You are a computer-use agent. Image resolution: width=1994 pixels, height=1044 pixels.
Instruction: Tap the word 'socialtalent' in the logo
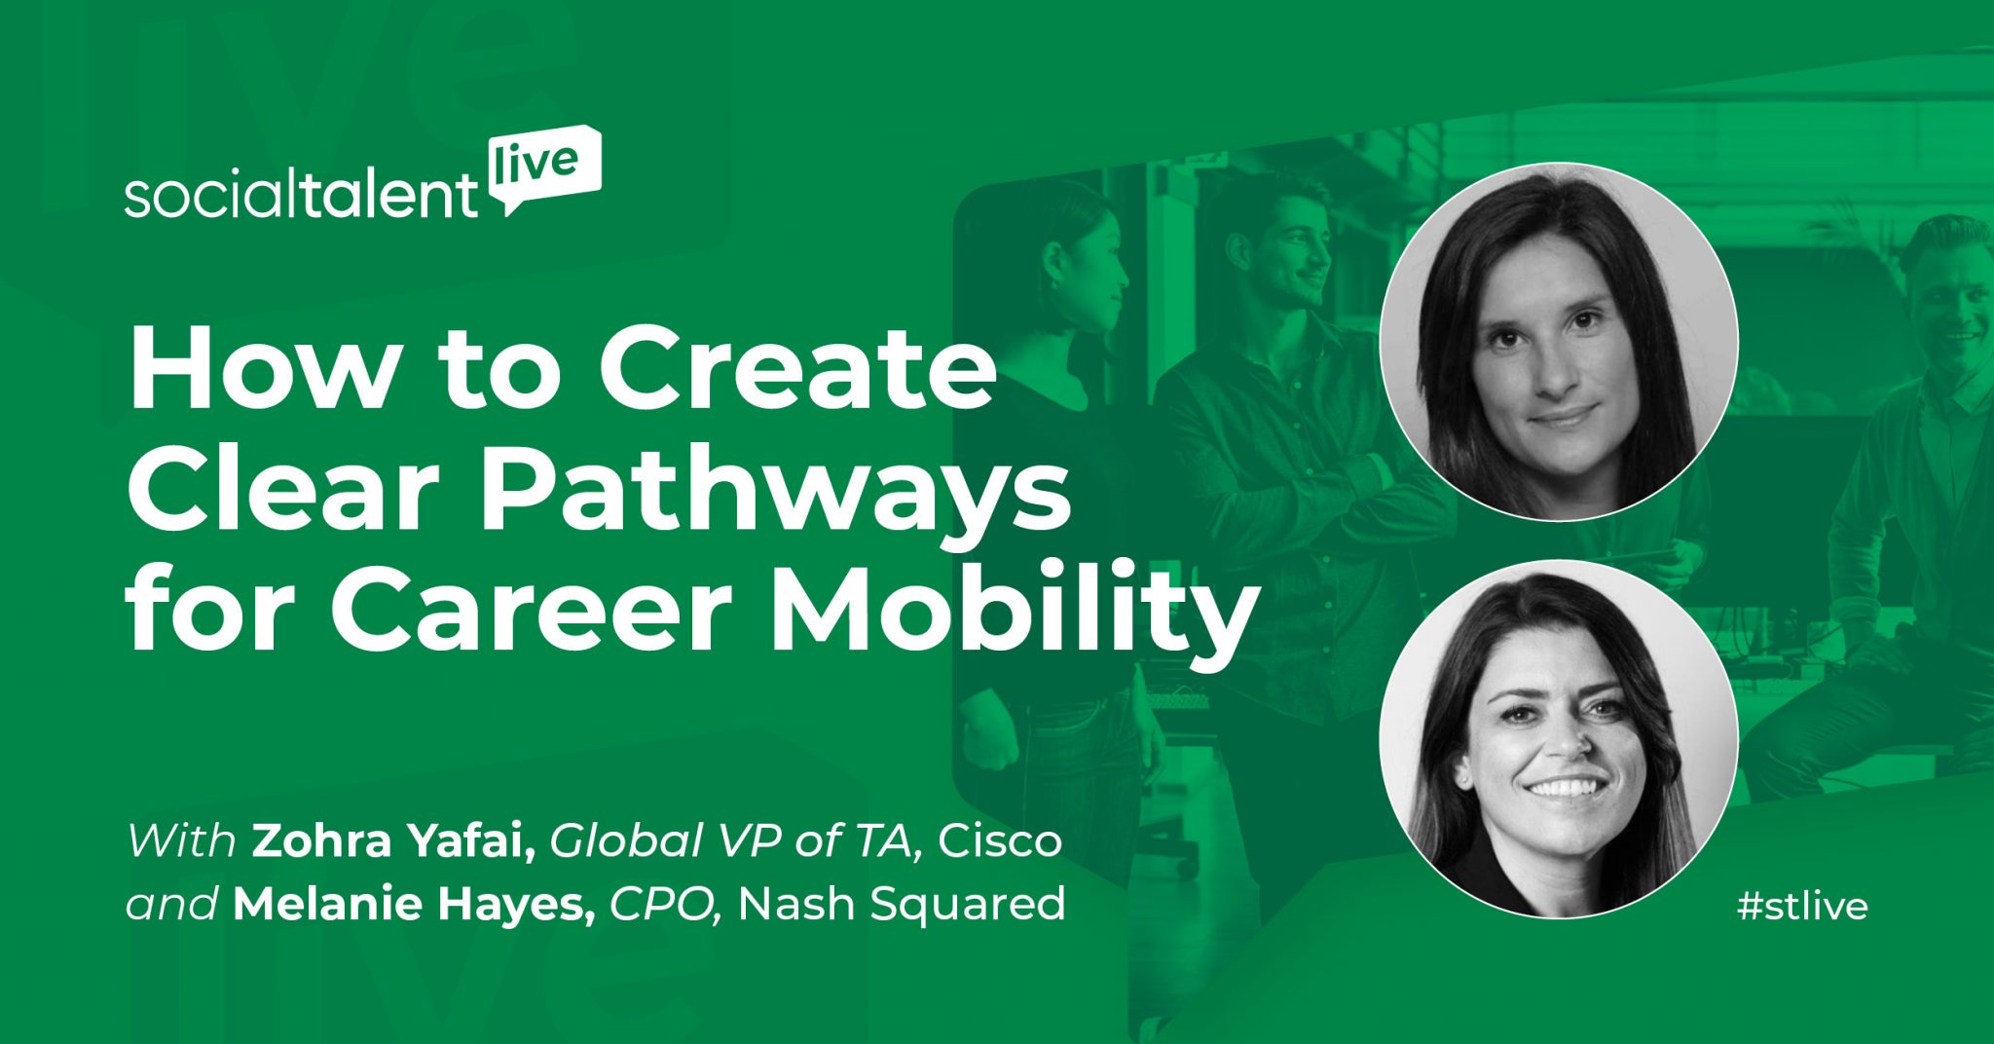click(x=302, y=198)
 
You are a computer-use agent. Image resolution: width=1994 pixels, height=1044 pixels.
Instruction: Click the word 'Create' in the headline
click(x=797, y=371)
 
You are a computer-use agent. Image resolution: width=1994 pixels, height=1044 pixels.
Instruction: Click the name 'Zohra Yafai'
click(x=393, y=841)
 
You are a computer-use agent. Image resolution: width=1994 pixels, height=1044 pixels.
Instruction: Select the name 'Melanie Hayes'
click(x=414, y=904)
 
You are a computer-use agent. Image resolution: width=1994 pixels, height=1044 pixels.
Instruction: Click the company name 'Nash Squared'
click(x=902, y=904)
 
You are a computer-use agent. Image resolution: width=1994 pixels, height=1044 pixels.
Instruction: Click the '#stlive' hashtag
click(x=1803, y=907)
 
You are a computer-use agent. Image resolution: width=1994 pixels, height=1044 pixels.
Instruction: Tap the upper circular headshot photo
click(x=1559, y=341)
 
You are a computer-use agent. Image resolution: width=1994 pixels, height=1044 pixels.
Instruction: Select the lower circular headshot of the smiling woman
click(x=1559, y=739)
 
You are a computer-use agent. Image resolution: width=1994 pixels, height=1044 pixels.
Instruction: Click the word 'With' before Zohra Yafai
click(x=182, y=841)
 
